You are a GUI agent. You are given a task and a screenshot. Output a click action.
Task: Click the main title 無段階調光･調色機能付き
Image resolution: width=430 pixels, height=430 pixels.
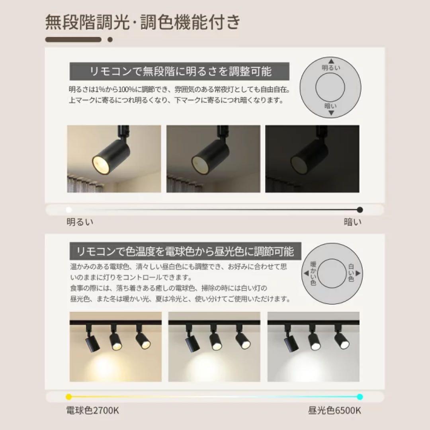(x=143, y=22)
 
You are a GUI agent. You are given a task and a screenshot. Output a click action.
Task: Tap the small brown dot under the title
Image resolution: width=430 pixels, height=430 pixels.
(x=110, y=39)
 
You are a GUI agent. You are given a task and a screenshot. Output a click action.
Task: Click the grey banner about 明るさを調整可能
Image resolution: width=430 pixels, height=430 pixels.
(x=179, y=71)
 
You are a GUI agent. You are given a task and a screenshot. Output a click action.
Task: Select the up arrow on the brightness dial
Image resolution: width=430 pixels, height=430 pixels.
(x=331, y=61)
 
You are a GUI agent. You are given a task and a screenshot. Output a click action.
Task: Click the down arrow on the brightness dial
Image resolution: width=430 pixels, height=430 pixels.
(x=331, y=113)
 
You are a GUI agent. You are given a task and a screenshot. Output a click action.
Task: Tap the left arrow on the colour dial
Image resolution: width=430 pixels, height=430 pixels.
(x=306, y=273)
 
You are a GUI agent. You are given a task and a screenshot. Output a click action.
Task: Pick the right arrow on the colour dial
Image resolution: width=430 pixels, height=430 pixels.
(x=358, y=273)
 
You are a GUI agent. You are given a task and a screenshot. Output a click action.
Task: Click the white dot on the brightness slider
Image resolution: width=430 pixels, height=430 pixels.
(x=69, y=210)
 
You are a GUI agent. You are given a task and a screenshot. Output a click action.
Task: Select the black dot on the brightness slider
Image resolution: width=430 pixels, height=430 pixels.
(x=360, y=210)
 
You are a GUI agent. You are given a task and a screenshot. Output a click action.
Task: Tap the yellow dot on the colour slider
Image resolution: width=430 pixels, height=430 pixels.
(x=69, y=397)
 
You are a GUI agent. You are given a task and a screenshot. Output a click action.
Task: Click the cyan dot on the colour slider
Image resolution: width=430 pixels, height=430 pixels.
(x=360, y=397)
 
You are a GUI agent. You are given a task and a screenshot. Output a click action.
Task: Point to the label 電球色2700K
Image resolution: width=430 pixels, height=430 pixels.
(x=93, y=410)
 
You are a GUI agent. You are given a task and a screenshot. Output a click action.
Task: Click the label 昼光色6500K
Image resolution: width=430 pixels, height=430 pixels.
(x=334, y=410)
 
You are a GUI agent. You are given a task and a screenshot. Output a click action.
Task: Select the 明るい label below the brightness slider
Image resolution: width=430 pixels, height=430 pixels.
(x=80, y=222)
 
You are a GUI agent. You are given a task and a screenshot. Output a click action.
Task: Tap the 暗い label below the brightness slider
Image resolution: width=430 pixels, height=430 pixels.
(x=353, y=222)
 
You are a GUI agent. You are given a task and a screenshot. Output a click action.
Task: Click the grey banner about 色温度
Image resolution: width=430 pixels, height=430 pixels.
(x=186, y=251)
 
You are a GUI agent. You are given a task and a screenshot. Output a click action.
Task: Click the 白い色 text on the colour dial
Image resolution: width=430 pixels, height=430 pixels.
(x=351, y=273)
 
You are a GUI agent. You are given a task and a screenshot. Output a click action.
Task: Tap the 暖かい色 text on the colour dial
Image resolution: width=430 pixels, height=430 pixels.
(x=313, y=274)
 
